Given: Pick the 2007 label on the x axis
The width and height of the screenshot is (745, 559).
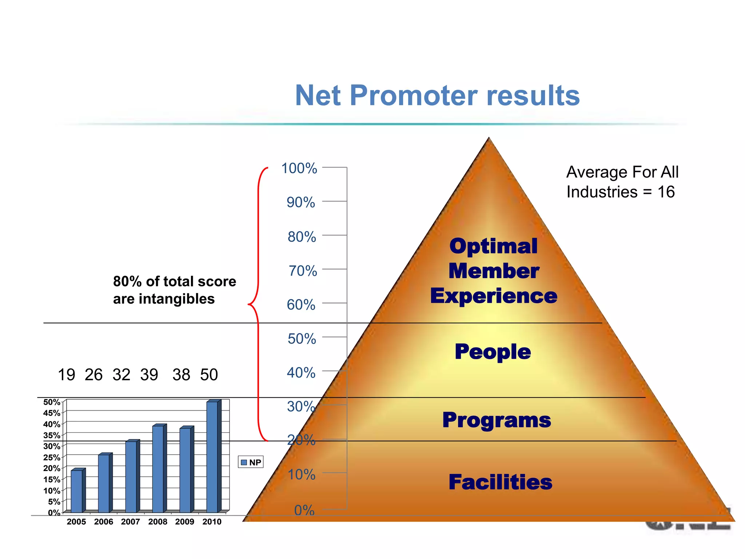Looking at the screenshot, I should pyautogui.click(x=130, y=522).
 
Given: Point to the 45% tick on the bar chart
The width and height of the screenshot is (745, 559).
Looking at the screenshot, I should pyautogui.click(x=52, y=413).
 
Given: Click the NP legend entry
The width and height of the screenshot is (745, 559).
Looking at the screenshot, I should pyautogui.click(x=251, y=462).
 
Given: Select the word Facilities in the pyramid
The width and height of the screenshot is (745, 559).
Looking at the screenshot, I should pyautogui.click(x=500, y=482).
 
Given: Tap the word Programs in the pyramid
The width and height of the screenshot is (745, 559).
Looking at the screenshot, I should pyautogui.click(x=497, y=420).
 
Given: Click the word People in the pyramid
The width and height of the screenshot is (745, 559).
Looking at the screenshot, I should pyautogui.click(x=493, y=352).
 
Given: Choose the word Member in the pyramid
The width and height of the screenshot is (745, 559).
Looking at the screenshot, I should pyautogui.click(x=494, y=271).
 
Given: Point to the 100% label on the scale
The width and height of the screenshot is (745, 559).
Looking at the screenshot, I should pyautogui.click(x=299, y=169).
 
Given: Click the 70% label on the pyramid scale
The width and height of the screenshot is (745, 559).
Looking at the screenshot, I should pyautogui.click(x=302, y=271).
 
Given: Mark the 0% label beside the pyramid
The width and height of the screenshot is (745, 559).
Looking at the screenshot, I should pyautogui.click(x=304, y=511).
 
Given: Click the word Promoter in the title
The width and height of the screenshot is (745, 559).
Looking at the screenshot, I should pyautogui.click(x=413, y=95).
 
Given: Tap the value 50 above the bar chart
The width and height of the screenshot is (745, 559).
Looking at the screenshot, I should pyautogui.click(x=209, y=375).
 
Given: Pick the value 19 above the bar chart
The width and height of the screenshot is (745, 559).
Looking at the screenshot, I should pyautogui.click(x=67, y=375).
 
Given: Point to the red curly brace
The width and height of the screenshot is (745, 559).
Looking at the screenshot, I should pyautogui.click(x=258, y=304).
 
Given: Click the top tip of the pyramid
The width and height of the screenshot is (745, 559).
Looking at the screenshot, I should pyautogui.click(x=489, y=139).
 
